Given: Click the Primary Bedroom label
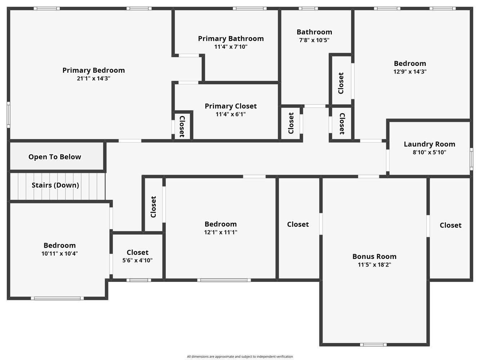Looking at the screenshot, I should (x=93, y=70).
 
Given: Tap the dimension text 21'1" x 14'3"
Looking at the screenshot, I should (x=93, y=78).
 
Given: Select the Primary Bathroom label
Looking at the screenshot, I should (x=231, y=39).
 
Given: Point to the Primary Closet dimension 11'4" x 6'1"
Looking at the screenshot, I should (x=231, y=114).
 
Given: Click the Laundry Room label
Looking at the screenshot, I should (x=429, y=144).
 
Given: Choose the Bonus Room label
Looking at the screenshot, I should (x=374, y=256).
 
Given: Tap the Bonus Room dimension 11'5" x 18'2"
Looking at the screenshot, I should (x=374, y=265).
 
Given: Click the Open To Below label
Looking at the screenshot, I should (x=55, y=157).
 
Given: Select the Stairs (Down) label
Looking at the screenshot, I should (x=55, y=185).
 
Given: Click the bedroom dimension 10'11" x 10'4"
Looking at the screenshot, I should (x=59, y=253).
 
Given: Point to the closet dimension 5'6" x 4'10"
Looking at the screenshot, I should (x=137, y=260).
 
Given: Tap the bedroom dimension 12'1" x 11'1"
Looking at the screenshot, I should (x=221, y=233).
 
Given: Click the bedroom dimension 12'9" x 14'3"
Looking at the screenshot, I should (x=410, y=72).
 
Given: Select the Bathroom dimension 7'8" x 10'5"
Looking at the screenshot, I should (x=314, y=40).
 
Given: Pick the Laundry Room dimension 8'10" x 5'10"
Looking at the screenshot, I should (x=429, y=152).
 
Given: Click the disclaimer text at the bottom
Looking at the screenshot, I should (x=240, y=356).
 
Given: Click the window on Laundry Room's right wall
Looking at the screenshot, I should (x=471, y=159).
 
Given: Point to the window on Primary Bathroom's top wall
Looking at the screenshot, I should (x=249, y=9).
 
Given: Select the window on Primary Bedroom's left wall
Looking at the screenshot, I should (x=9, y=114).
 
